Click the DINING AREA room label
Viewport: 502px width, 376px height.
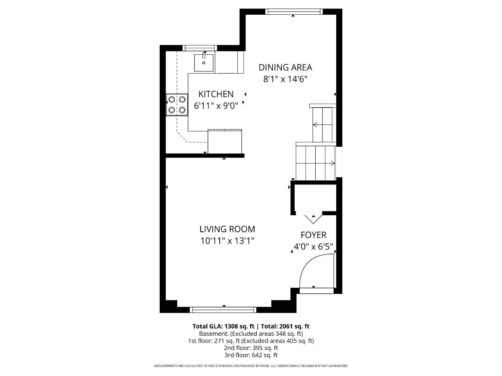pos(285,67)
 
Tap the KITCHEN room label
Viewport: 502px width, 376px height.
pos(216,94)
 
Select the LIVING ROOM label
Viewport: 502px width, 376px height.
pos(227,229)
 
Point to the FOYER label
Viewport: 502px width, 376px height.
pos(313,235)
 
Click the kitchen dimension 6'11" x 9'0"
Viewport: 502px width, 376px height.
pos(216,106)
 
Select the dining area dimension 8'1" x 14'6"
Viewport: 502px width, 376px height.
pos(285,79)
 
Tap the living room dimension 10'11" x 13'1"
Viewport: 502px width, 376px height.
pos(227,241)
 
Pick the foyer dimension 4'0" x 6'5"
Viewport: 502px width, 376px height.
pos(313,247)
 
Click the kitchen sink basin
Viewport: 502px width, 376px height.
pos(204,63)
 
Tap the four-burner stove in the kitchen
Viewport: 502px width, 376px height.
pos(177,105)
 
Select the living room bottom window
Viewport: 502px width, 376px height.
pos(223,310)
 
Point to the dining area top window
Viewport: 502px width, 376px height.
pos(294,11)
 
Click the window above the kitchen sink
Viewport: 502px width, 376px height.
pos(200,48)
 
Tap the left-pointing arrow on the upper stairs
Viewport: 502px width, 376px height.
pos(323,125)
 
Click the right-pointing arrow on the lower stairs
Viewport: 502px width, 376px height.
pos(315,163)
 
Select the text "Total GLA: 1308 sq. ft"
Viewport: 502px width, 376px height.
pos(223,326)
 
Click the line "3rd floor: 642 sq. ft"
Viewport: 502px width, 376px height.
pos(251,355)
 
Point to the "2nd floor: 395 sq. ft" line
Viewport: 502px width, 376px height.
pos(251,348)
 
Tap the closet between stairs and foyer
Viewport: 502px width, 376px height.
pos(315,198)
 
